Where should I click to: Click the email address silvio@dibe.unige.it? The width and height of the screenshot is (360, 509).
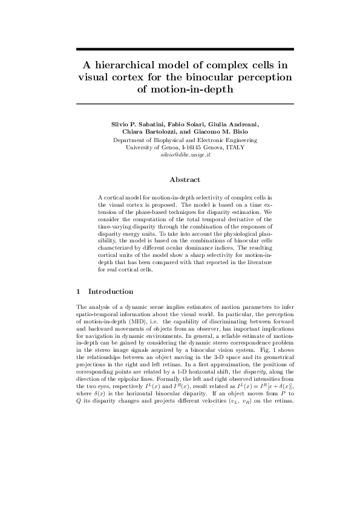pos(185,155)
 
